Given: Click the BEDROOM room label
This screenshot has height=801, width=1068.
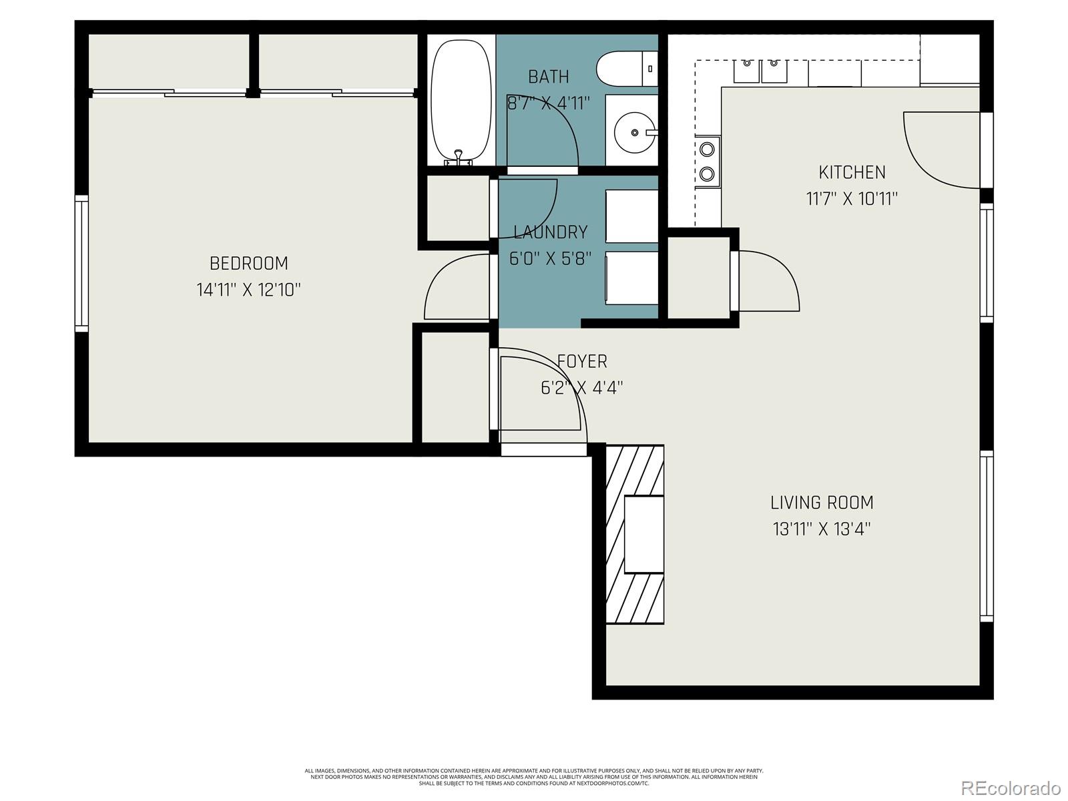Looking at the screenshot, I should click(x=248, y=263).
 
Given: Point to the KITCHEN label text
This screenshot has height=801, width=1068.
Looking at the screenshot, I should click(x=852, y=172).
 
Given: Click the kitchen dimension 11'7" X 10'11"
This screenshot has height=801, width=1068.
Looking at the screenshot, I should click(x=852, y=199).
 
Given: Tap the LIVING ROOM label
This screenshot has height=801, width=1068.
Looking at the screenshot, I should click(x=822, y=502).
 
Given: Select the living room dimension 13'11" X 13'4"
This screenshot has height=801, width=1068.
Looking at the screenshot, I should click(x=822, y=529).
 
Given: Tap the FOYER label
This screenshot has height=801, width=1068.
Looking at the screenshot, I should click(x=582, y=361).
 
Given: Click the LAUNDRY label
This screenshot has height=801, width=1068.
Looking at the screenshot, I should click(x=550, y=232).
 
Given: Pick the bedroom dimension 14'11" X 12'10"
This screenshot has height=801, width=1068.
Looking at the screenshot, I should click(x=248, y=290).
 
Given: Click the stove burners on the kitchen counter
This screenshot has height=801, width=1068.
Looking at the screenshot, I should click(x=708, y=161).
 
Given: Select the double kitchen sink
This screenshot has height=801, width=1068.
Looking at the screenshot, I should click(x=760, y=70).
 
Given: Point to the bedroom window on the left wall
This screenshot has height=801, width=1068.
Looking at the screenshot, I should click(x=81, y=263).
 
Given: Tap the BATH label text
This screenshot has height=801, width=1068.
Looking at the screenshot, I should click(x=549, y=77).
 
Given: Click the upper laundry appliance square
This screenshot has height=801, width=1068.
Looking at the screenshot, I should click(x=631, y=216).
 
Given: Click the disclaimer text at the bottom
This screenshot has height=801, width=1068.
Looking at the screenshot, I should click(x=534, y=776).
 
